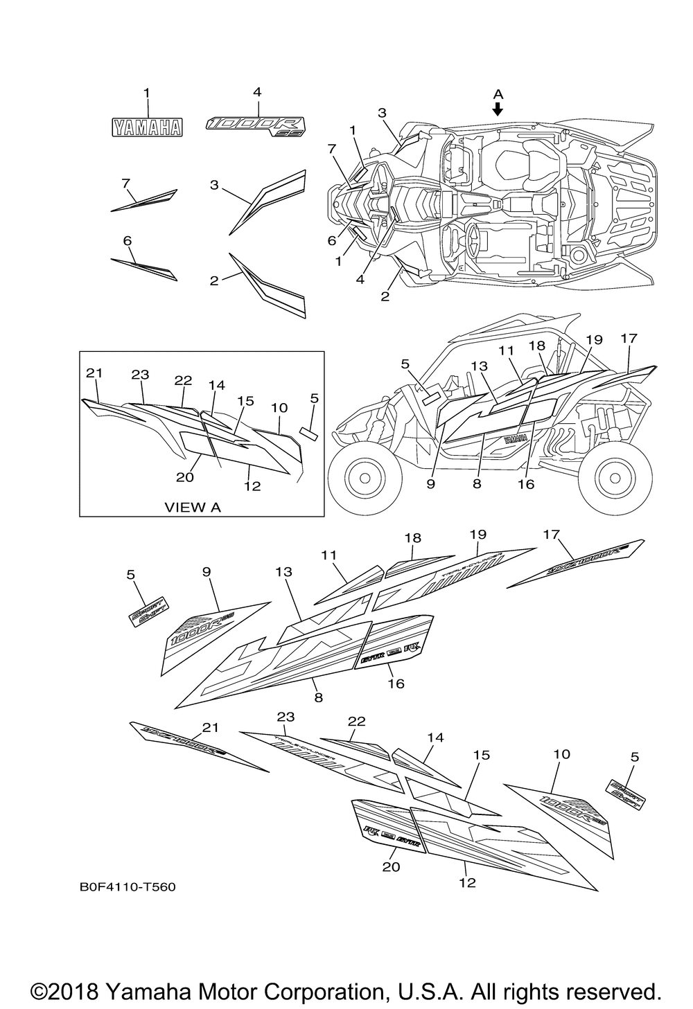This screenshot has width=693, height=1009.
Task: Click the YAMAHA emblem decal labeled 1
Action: pyautogui.click(x=148, y=127)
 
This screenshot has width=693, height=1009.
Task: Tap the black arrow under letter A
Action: pyautogui.click(x=498, y=109)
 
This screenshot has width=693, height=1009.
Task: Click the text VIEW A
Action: pyautogui.click(x=192, y=507)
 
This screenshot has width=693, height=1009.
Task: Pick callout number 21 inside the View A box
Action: pyautogui.click(x=94, y=373)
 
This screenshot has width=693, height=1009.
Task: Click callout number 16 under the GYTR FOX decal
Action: pyautogui.click(x=396, y=684)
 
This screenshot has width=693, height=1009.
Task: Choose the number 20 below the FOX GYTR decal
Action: pyautogui.click(x=392, y=866)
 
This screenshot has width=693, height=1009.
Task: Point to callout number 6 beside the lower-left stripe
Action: pyautogui.click(x=127, y=240)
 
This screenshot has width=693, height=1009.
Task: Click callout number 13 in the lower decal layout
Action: pyautogui.click(x=283, y=572)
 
